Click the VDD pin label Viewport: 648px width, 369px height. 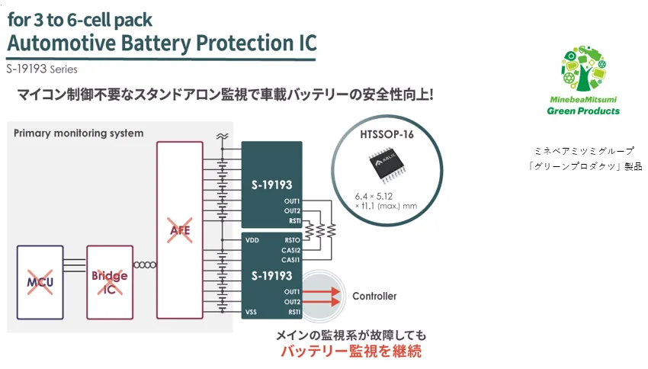coord(252,239)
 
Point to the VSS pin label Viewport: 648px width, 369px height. coord(252,312)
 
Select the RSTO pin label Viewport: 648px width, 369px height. coord(291,239)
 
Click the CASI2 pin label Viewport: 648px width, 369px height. coord(290,249)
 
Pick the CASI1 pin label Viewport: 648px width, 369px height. coord(290,259)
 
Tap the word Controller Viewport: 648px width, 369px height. coord(374,296)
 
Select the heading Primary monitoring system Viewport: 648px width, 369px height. coord(79,133)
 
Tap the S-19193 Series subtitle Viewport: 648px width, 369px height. coord(42,69)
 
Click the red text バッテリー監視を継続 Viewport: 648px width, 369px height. coord(350,351)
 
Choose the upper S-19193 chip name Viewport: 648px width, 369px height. coord(271,184)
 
